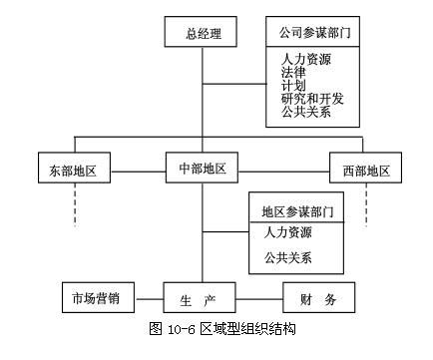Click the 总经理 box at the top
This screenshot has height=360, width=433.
pyautogui.click(x=203, y=33)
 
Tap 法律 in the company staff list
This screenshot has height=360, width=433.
pyautogui.click(x=293, y=72)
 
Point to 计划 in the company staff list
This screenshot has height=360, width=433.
pyautogui.click(x=293, y=85)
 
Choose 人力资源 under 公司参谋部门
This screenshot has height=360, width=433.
pyautogui.click(x=305, y=59)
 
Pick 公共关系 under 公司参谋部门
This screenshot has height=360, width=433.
pyautogui.click(x=305, y=111)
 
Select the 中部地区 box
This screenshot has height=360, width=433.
pyautogui.click(x=203, y=167)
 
